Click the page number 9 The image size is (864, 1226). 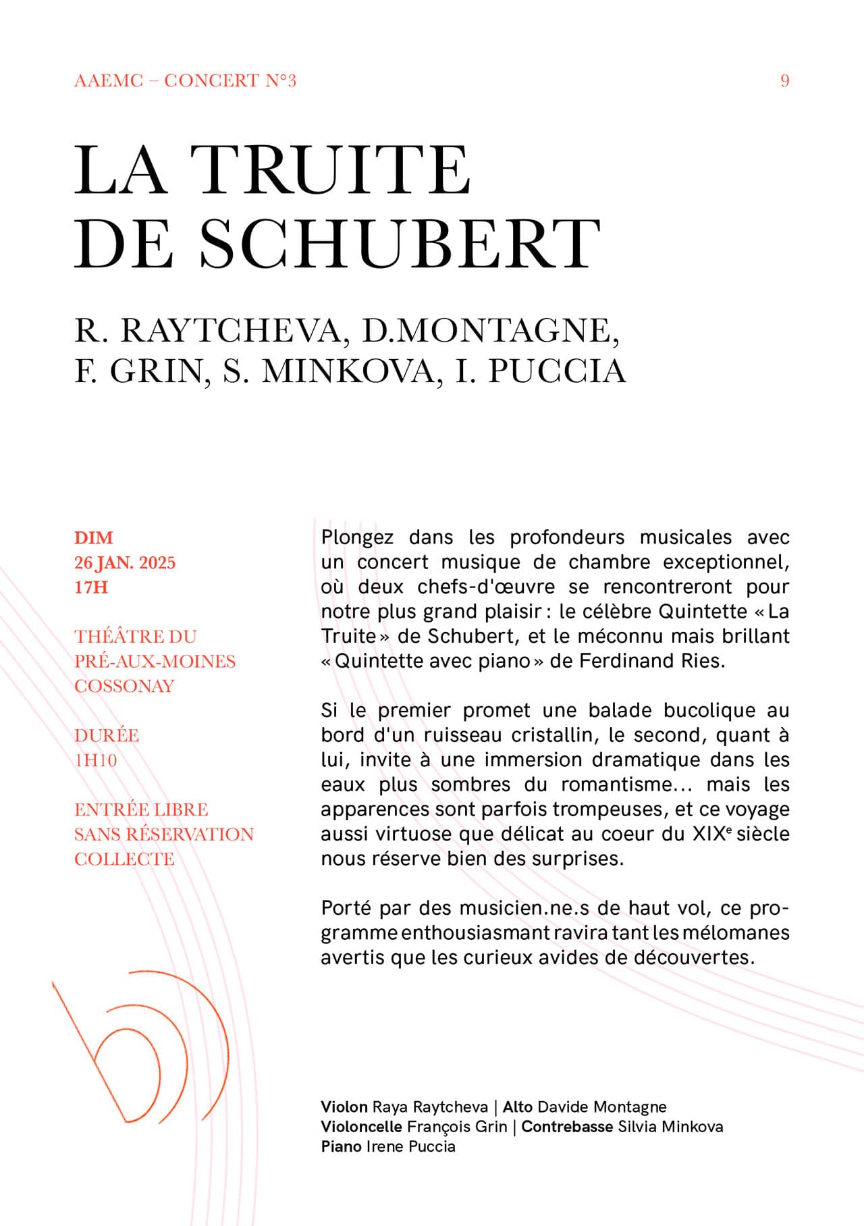pyautogui.click(x=784, y=81)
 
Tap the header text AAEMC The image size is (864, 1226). pyautogui.click(x=109, y=81)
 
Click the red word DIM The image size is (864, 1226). pyautogui.click(x=94, y=538)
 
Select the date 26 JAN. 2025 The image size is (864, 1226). pyautogui.click(x=125, y=563)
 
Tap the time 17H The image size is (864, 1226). pyautogui.click(x=91, y=587)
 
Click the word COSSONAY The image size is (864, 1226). pyautogui.click(x=124, y=686)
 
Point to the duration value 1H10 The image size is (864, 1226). pyautogui.click(x=96, y=760)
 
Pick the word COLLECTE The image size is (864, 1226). pyautogui.click(x=124, y=859)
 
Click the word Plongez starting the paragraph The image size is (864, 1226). pyautogui.click(x=357, y=537)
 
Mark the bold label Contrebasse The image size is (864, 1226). pyautogui.click(x=567, y=1127)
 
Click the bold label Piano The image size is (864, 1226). pyautogui.click(x=341, y=1146)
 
